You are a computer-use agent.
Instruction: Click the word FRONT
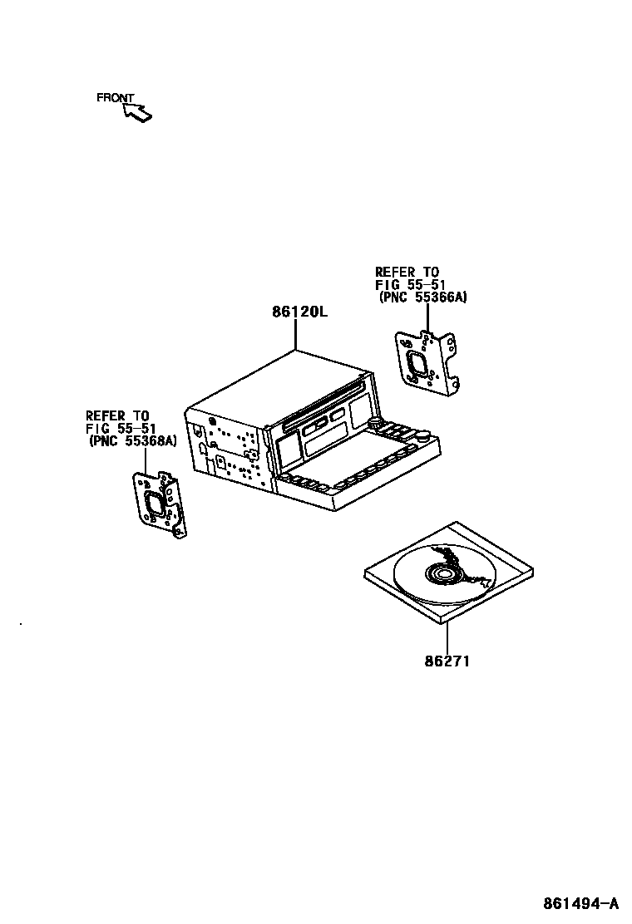[115, 98]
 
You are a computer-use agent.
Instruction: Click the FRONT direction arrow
[138, 112]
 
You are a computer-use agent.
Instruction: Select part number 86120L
[299, 313]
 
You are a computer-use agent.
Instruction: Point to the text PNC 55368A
[133, 441]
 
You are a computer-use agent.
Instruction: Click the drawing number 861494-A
[581, 903]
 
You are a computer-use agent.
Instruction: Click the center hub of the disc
[442, 573]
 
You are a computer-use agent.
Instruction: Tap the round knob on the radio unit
[423, 434]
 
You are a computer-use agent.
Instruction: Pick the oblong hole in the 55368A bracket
[154, 504]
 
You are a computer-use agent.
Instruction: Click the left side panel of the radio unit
[225, 453]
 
